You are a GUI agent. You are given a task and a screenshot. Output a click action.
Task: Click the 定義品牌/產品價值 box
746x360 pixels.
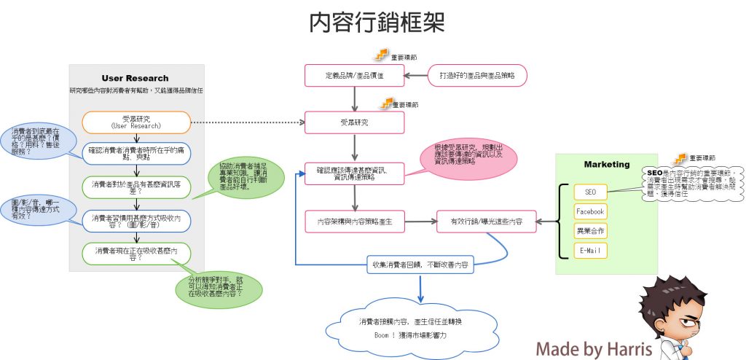[x=354, y=75]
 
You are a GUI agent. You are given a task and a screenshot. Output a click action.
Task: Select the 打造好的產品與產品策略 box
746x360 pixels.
[x=476, y=75]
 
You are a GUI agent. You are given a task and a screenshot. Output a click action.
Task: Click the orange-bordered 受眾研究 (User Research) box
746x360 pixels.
[x=136, y=122]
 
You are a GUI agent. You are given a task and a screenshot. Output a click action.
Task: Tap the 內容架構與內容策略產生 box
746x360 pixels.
[x=354, y=221]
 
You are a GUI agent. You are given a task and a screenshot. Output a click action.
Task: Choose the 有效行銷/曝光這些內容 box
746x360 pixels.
[x=486, y=221]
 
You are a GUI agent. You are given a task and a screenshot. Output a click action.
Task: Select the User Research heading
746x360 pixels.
[x=135, y=78]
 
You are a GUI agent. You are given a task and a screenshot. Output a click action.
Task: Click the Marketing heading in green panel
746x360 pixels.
[x=606, y=164]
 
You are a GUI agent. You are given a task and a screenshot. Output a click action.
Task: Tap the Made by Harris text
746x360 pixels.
[x=594, y=348]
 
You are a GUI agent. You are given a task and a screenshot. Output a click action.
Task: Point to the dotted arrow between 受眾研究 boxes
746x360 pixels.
[x=248, y=122]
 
